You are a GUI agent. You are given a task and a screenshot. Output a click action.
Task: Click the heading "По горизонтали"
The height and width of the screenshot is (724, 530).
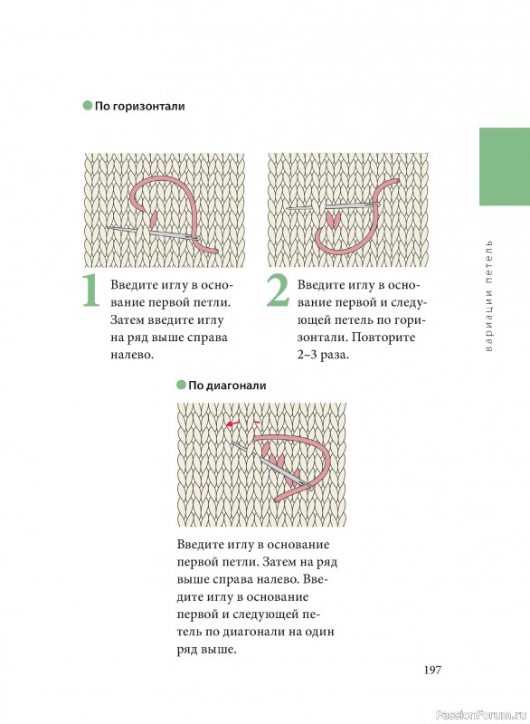coord(140,106)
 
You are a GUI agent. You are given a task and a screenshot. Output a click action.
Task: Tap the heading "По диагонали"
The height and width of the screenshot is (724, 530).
coord(227,386)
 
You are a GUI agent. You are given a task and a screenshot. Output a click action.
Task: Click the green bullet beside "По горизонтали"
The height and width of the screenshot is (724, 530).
coord(88,106)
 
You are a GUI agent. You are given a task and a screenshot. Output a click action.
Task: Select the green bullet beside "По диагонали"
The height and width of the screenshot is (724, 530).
coord(181,385)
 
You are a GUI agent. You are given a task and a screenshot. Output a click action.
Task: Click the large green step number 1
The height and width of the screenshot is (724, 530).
coord(90,291)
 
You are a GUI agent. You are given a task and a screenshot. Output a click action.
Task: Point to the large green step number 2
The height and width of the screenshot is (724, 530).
coord(278,291)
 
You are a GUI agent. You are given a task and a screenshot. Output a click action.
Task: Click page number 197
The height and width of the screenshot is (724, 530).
coord(432,670)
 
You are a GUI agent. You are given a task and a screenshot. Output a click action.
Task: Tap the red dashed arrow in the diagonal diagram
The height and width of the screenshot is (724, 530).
coord(242,423)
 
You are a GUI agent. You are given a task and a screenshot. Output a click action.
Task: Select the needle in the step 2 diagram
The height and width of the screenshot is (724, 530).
coord(333,205)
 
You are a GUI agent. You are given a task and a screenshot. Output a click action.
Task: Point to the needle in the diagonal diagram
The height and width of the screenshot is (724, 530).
coord(273,466)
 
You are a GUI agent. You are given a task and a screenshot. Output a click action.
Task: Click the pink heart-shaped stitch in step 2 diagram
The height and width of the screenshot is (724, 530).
coord(333,218)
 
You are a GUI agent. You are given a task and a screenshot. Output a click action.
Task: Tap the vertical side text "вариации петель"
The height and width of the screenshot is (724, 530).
coord(489,296)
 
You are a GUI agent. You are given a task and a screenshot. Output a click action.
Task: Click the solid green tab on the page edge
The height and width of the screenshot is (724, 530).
coord(505,167)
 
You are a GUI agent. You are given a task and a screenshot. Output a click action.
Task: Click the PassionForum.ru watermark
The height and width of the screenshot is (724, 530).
coord(481,715)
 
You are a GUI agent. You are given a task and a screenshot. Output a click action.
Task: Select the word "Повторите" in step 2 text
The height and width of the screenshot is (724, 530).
coord(383,338)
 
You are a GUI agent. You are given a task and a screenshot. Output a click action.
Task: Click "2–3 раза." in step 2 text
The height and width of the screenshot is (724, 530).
coord(323,355)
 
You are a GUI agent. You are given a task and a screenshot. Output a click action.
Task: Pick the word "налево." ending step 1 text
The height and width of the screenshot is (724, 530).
coord(132,355)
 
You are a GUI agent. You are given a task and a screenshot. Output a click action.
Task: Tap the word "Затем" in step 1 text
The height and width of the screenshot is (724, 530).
coord(128,320)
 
